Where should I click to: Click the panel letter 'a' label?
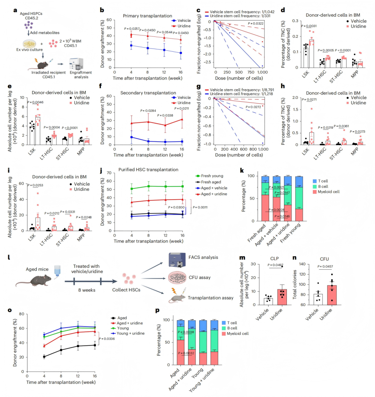pos(15,10)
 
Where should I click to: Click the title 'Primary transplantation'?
pos(147,16)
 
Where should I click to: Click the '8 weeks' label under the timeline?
pos(86,290)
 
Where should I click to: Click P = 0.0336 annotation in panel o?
pos(107,339)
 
